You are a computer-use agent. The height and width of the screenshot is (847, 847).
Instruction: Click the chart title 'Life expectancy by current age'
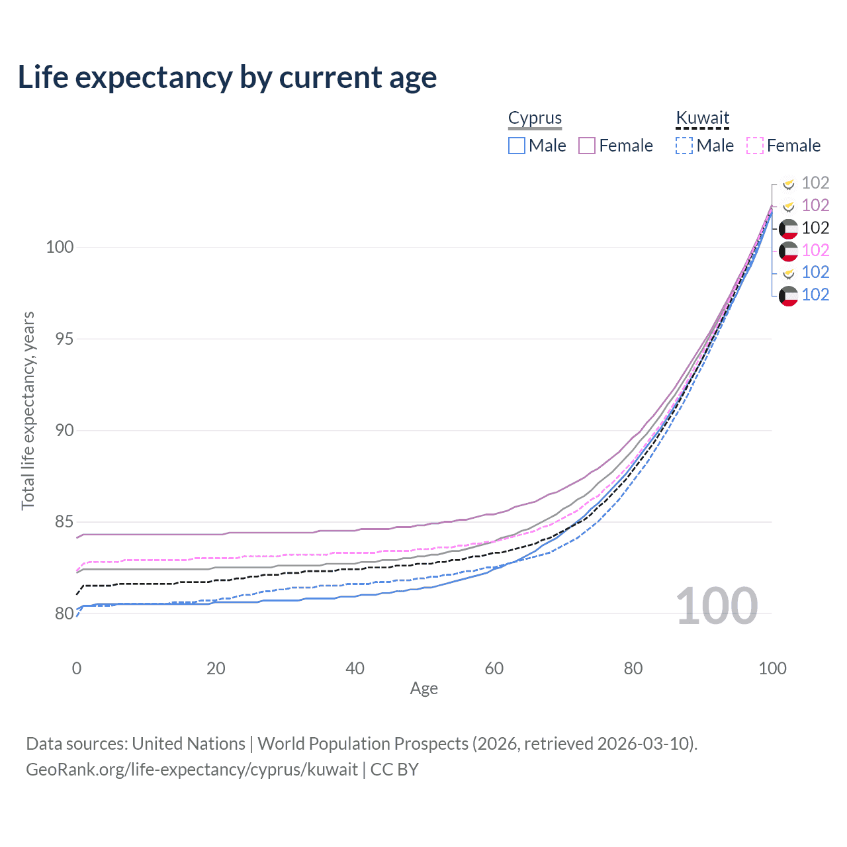(227, 77)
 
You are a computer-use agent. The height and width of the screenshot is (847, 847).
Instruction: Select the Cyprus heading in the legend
(535, 118)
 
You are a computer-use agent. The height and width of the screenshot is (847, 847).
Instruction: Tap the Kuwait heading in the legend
(702, 118)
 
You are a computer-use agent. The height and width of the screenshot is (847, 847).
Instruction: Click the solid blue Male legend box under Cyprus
(517, 146)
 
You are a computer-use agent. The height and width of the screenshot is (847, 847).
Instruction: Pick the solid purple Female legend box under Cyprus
(587, 146)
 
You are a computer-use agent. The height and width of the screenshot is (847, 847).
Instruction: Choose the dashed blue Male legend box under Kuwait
(684, 146)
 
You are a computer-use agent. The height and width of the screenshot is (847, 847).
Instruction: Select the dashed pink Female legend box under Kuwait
(755, 146)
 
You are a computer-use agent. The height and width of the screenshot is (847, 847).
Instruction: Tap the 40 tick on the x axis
(355, 668)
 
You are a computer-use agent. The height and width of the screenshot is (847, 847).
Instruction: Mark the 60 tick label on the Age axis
(494, 668)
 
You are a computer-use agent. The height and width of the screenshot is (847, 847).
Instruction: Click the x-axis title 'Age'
(423, 689)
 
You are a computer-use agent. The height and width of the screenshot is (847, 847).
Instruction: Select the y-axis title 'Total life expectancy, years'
(28, 411)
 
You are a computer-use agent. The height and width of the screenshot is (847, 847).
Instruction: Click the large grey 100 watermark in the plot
(717, 606)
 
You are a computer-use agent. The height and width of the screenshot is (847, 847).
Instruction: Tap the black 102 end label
(815, 228)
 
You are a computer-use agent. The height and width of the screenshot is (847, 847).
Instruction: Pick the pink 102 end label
(815, 250)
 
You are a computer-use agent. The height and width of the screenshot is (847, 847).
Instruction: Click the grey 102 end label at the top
(815, 183)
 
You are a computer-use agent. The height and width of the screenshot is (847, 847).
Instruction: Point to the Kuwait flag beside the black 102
(788, 228)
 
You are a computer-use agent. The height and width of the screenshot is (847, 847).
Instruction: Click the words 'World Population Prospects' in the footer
(363, 744)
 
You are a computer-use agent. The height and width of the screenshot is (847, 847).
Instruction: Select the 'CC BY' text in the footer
(394, 770)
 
